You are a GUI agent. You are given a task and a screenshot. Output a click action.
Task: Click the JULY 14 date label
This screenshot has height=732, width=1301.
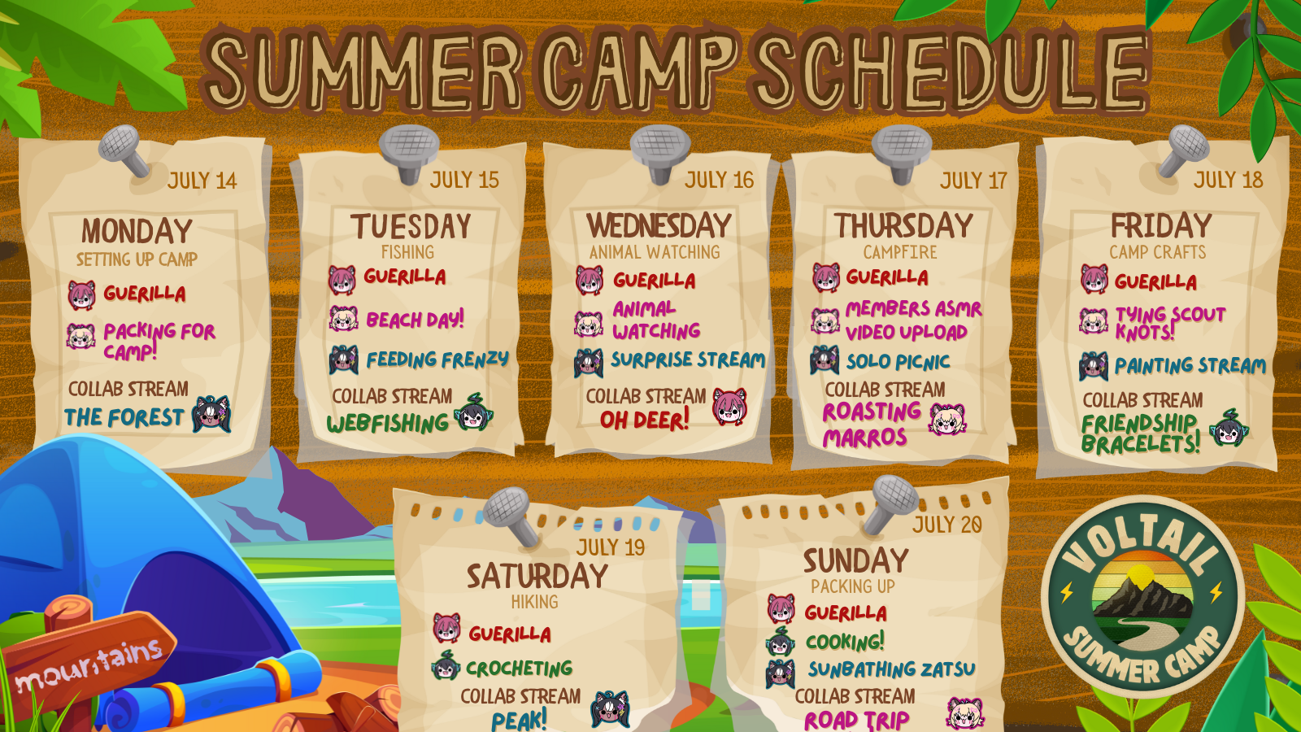tap(202, 181)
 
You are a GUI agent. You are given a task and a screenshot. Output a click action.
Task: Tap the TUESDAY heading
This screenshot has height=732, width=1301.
tap(411, 226)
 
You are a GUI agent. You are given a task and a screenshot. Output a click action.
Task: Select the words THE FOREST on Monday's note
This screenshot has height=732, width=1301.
tap(124, 417)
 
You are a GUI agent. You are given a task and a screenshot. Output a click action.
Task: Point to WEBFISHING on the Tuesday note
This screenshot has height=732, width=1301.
tap(387, 423)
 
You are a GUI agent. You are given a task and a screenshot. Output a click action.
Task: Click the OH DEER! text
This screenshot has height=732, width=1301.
tap(644, 420)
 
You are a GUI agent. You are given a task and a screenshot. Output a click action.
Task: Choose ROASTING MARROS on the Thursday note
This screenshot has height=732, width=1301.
tap(871, 425)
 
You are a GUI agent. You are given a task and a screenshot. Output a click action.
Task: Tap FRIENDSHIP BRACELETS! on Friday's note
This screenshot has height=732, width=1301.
tap(1140, 434)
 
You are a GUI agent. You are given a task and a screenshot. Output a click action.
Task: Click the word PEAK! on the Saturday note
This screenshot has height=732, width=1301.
tap(519, 720)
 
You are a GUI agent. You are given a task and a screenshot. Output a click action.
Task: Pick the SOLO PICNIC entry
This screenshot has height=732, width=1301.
tap(898, 362)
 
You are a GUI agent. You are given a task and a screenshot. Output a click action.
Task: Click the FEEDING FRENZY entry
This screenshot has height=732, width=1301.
tap(437, 359)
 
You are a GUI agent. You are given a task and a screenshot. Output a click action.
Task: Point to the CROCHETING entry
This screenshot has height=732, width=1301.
tap(520, 668)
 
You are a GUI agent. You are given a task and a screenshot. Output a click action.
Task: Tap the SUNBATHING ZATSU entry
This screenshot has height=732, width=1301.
tap(891, 669)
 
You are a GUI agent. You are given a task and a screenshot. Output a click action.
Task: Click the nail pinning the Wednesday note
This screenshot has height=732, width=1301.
tap(660, 152)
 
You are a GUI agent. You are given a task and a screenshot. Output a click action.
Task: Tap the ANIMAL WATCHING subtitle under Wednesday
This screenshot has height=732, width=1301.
tap(655, 252)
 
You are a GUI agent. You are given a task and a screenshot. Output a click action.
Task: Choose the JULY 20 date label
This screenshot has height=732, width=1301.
tap(946, 525)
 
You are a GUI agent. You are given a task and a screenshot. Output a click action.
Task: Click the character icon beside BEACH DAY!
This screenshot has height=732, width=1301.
tap(344, 319)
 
